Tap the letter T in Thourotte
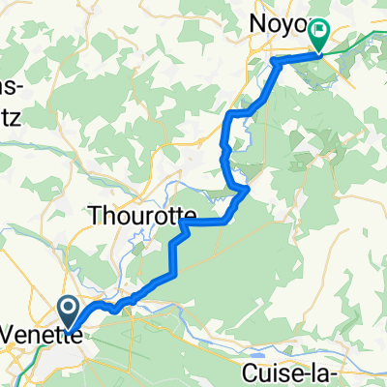(96, 216)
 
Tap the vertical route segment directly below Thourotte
(174, 256)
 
